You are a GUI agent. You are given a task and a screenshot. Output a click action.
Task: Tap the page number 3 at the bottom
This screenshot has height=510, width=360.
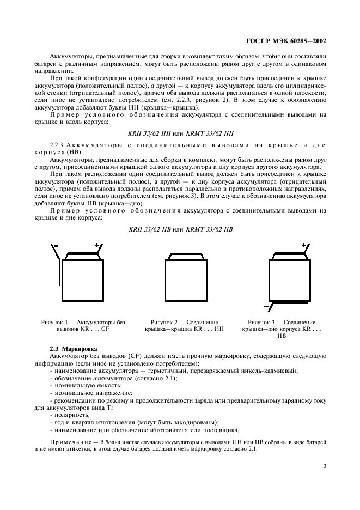coord(324,465)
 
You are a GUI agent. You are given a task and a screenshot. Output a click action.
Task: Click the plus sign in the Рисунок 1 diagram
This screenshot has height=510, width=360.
coord(97,246)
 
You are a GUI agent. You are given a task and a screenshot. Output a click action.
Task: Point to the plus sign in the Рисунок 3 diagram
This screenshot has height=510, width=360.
coord(303,246)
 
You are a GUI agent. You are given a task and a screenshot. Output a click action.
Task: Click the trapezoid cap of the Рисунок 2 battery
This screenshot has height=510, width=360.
coord(186,256)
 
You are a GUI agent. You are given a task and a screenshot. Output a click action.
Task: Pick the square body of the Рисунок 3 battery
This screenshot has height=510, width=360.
coord(289,279)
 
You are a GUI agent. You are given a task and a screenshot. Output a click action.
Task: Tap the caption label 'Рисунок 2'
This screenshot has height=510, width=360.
coord(164,323)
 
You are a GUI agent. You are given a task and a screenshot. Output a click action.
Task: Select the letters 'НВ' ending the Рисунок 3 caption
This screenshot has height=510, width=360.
coord(282,337)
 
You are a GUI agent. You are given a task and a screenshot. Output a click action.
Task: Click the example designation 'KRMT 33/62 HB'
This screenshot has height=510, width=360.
coord(209,229)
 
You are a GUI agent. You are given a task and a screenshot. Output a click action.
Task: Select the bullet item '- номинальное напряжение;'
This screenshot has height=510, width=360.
coord(86,392)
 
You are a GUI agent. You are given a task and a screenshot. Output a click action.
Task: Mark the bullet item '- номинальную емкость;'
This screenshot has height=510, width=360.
coord(82,385)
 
